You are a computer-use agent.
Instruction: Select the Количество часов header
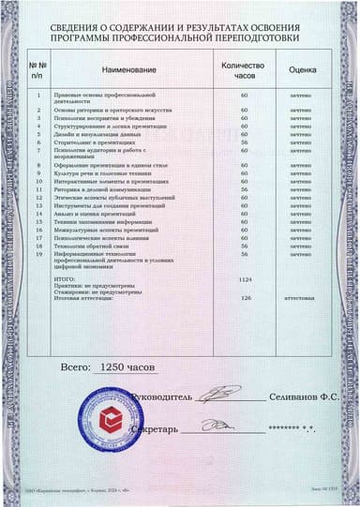[x=243, y=69]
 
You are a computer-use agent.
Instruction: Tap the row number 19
[x=37, y=254]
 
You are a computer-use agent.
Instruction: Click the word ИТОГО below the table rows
[x=63, y=279]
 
